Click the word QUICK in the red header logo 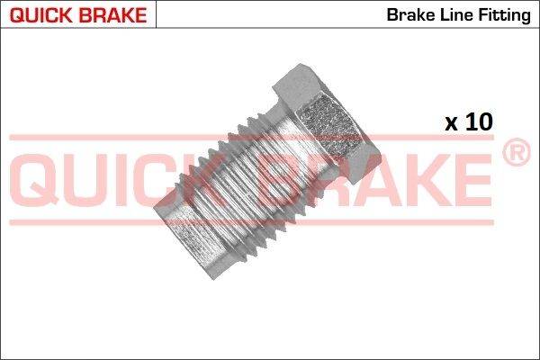tap(41, 15)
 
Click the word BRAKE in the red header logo tap(112, 15)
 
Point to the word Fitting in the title tap(504, 16)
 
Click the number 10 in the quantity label tap(479, 121)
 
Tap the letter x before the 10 tap(451, 124)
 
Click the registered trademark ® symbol tap(517, 152)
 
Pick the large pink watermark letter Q tap(34, 179)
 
